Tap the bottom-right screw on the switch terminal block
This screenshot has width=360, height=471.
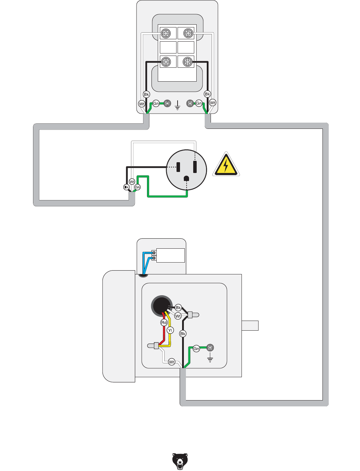click(188, 62)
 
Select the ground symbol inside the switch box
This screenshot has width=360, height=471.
click(177, 105)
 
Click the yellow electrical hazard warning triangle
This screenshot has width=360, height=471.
click(226, 165)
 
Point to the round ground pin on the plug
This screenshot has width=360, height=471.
click(187, 179)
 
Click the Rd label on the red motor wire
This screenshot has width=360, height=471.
click(164, 323)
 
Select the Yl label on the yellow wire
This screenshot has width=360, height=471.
click(170, 330)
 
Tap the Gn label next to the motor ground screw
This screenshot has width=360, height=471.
click(196, 349)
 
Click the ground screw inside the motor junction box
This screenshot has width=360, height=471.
click(210, 347)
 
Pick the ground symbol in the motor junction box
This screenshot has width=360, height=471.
click(210, 358)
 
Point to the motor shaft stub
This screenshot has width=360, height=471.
click(250, 325)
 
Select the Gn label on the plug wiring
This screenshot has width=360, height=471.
click(138, 187)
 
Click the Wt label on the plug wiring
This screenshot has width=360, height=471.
click(132, 182)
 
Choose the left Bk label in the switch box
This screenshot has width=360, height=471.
click(146, 94)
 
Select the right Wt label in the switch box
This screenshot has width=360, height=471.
click(213, 102)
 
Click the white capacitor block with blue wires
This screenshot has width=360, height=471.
click(170, 255)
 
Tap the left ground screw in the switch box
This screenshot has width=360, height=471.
click(167, 103)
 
